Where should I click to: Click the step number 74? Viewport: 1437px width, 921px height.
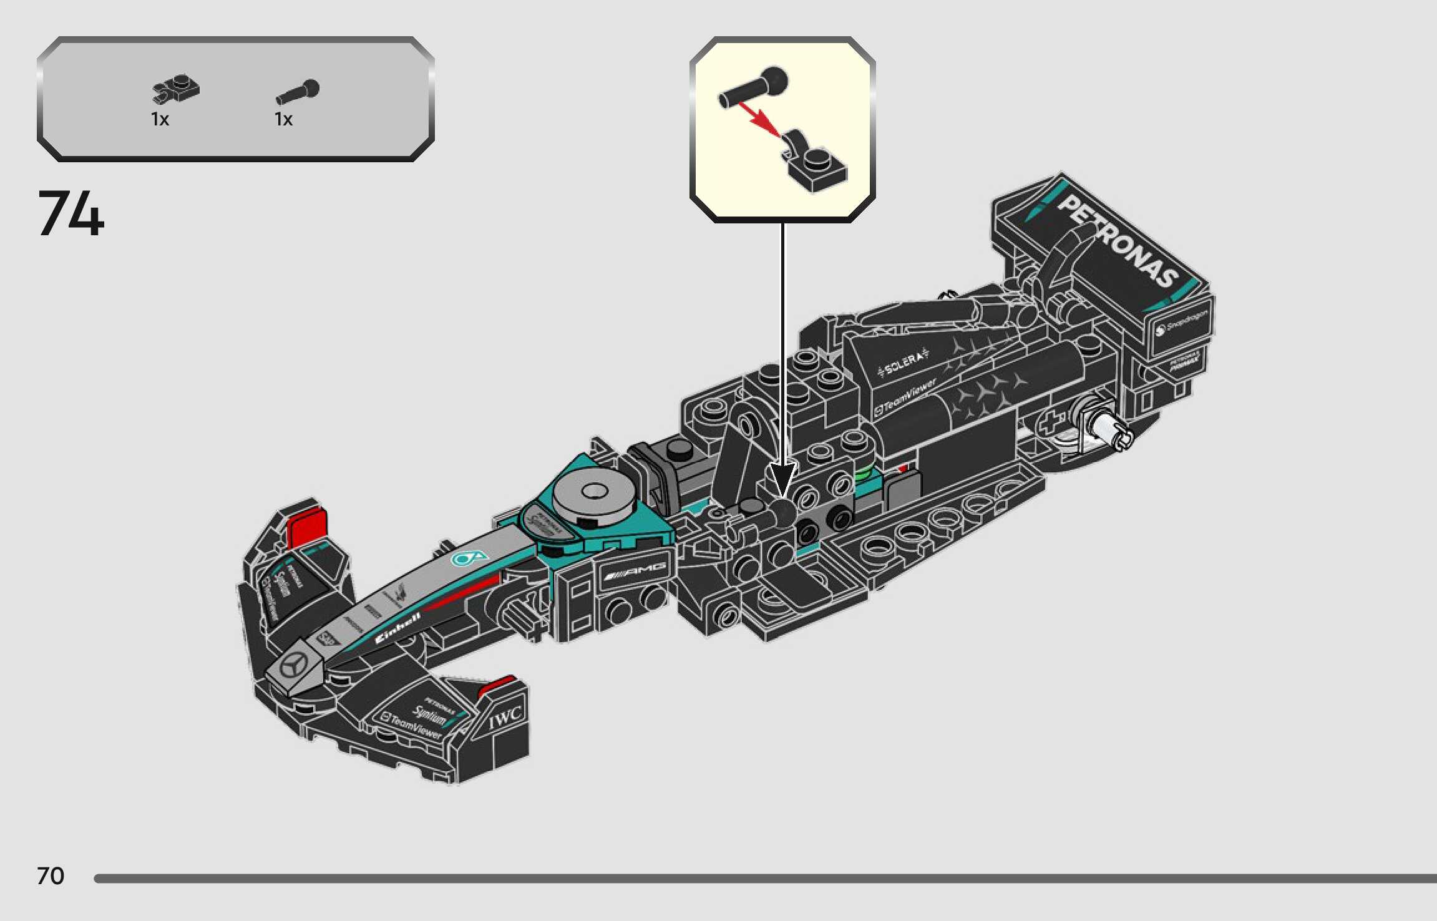pos(71,213)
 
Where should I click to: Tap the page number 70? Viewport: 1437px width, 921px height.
pos(51,876)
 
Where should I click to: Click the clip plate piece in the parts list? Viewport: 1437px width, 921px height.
pos(176,89)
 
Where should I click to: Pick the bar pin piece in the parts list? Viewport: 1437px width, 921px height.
pos(298,91)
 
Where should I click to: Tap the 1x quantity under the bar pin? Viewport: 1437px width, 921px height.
pos(283,119)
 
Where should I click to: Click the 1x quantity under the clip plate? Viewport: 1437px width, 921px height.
pos(160,119)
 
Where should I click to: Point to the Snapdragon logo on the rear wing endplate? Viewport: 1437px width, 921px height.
pos(1181,324)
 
